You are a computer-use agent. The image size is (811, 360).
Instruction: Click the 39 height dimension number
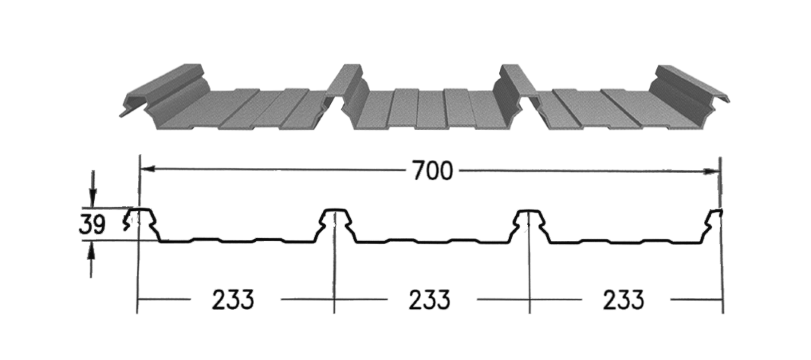pos(92,224)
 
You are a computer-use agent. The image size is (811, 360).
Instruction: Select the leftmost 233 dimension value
pos(233,299)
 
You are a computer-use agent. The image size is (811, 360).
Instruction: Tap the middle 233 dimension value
pos(430,299)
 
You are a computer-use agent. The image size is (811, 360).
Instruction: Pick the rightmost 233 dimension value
pos(623,299)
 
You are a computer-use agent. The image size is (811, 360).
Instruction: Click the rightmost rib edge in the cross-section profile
pos(715,224)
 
